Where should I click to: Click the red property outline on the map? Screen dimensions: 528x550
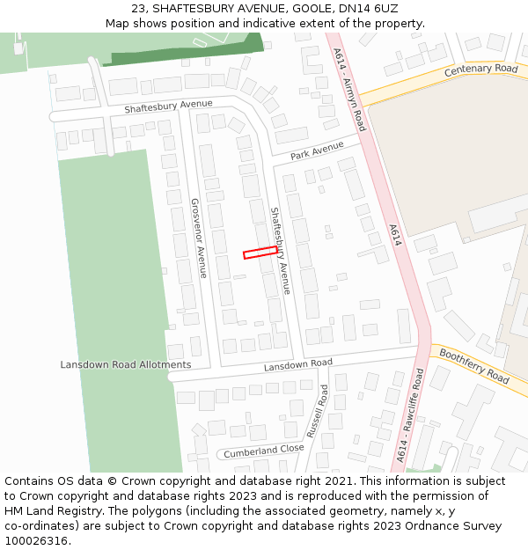pyautogui.click(x=260, y=253)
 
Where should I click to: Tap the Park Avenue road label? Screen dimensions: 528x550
pyautogui.click(x=317, y=150)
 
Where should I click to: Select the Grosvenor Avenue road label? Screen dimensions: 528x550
pyautogui.click(x=198, y=238)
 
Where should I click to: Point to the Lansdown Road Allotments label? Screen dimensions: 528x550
pyautogui.click(x=126, y=364)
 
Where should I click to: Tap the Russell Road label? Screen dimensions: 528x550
pyautogui.click(x=317, y=411)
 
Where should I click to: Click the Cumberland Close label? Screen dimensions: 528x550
pyautogui.click(x=263, y=451)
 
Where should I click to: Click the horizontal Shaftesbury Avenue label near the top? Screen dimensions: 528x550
pyautogui.click(x=168, y=106)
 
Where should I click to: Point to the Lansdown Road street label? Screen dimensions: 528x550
pyautogui.click(x=298, y=363)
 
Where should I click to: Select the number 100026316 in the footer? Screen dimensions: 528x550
pyautogui.click(x=36, y=540)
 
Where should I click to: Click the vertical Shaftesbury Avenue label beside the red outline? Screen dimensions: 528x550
pyautogui.click(x=280, y=251)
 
